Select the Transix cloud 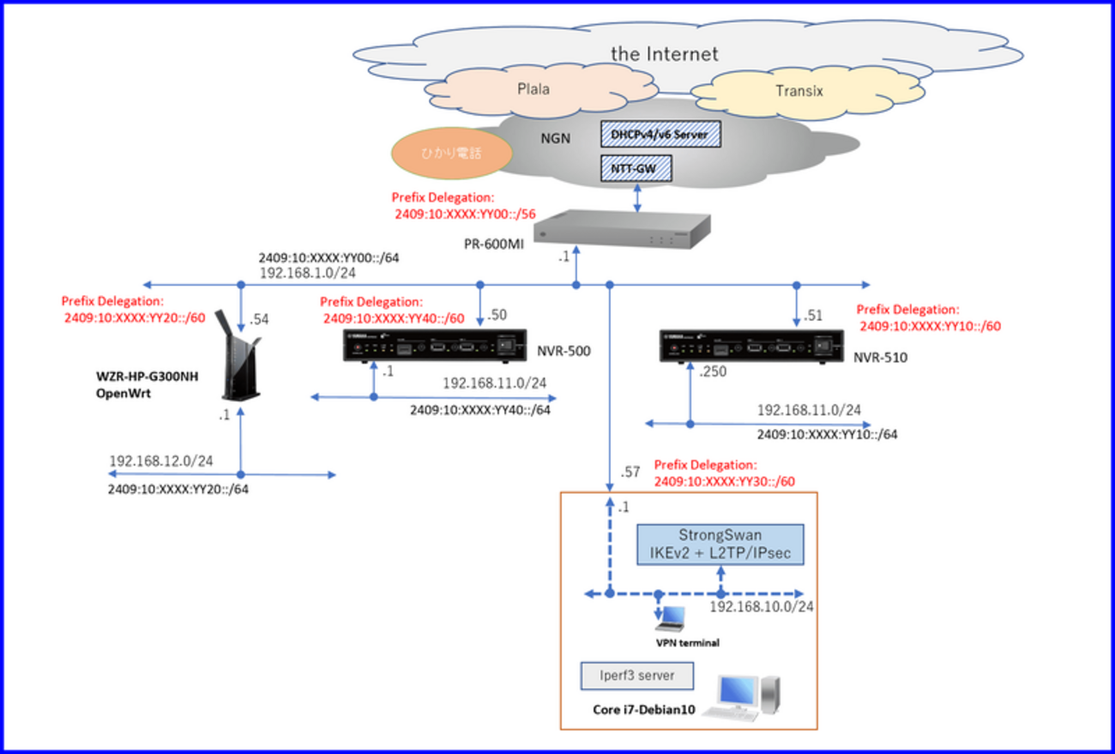point(799,91)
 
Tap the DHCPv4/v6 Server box point(660,134)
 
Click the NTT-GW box point(635,168)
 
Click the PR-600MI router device point(622,229)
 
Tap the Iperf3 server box point(636,675)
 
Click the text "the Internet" point(664,53)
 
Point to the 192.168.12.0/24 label point(160,461)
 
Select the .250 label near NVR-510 point(713,372)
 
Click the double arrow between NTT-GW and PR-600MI point(635,197)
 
